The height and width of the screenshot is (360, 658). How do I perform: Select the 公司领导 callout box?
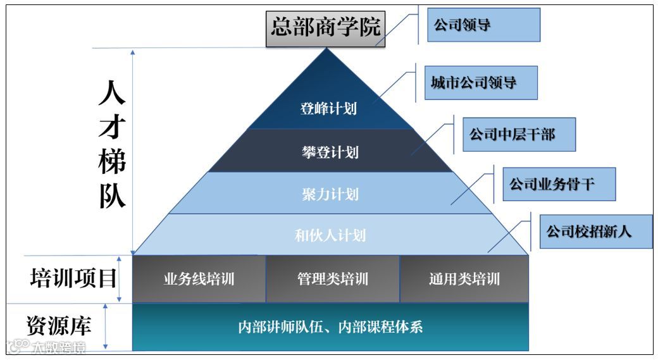[483, 25]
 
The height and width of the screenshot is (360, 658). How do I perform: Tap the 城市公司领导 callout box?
[480, 82]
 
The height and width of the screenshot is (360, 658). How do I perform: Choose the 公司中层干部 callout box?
[518, 134]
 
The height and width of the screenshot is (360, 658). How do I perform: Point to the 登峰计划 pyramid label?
[328, 108]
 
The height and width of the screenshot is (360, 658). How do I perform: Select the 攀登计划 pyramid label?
[330, 152]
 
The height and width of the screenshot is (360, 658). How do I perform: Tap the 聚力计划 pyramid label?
[330, 194]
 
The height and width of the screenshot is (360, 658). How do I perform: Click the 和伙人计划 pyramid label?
[330, 235]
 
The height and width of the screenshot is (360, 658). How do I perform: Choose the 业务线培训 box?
[199, 279]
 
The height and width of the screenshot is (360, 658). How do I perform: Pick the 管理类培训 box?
[332, 279]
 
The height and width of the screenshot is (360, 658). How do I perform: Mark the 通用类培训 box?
[464, 279]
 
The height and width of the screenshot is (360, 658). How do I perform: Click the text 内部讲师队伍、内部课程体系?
[330, 327]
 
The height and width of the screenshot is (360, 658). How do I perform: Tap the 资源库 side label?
[59, 325]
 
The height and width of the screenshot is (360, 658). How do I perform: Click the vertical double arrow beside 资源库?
[106, 326]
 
